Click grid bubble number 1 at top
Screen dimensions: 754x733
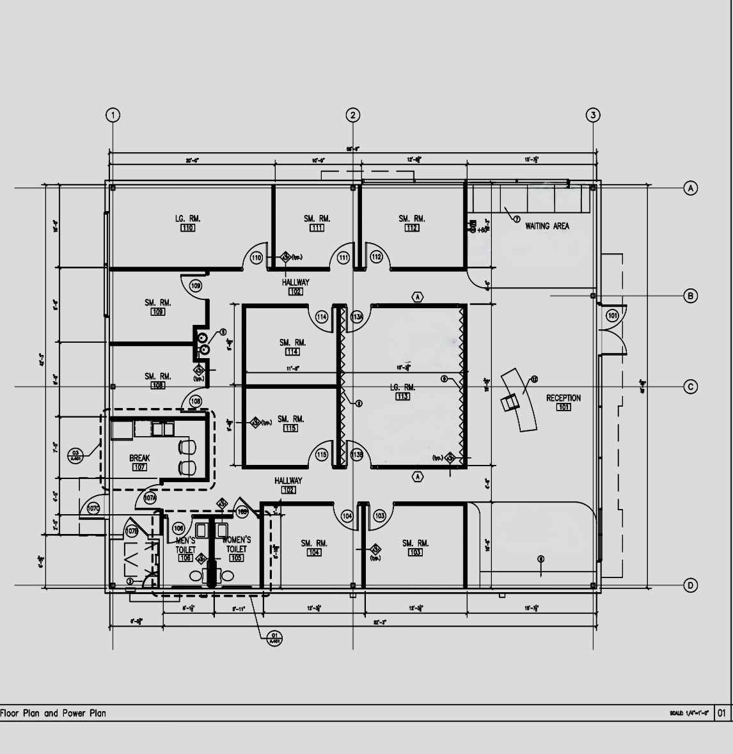click(113, 115)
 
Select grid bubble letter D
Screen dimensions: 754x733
click(690, 585)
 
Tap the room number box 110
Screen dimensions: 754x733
click(187, 228)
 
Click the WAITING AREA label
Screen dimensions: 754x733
click(547, 226)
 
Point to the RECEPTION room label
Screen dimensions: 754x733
click(564, 398)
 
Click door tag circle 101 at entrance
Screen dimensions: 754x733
click(613, 316)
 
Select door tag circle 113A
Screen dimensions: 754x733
click(357, 317)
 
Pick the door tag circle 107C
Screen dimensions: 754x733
click(93, 509)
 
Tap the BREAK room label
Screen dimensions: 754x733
click(139, 458)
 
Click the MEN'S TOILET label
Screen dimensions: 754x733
click(185, 545)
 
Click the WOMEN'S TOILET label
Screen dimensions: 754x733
click(236, 544)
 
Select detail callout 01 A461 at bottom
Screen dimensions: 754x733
click(274, 638)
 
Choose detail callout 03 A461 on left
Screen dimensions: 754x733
click(75, 455)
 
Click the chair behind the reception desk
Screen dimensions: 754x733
click(510, 403)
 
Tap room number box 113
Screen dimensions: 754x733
click(402, 397)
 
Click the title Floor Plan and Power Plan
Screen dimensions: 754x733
click(53, 713)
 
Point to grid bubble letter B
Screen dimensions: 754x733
click(690, 295)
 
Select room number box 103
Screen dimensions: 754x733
click(414, 553)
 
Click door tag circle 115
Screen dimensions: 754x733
click(321, 455)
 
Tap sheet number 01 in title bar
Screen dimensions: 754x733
click(722, 713)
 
